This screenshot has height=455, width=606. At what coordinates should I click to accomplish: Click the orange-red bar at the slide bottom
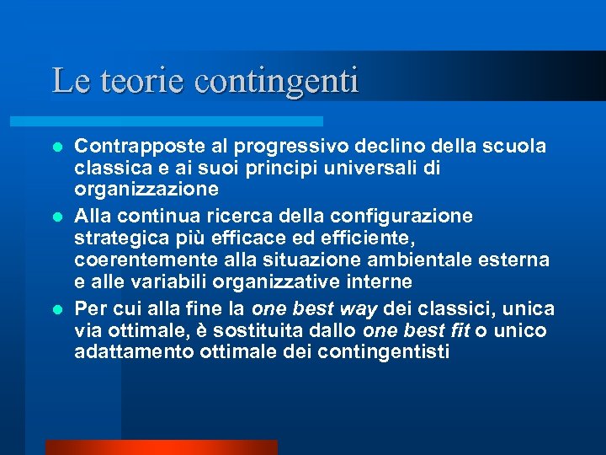[x=161, y=447]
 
